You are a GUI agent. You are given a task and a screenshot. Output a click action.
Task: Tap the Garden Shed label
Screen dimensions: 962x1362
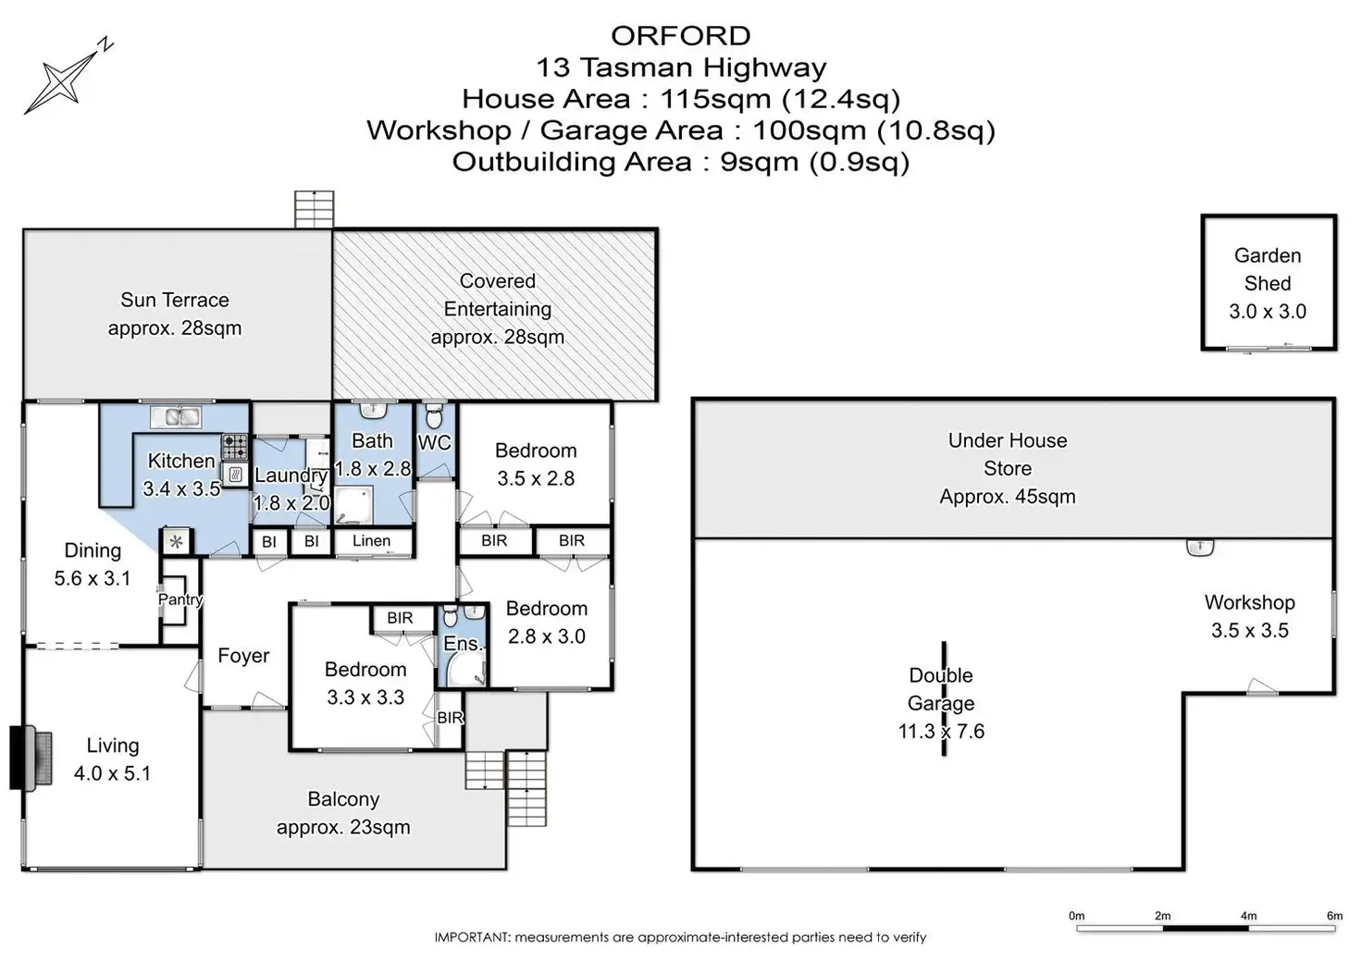[1267, 269]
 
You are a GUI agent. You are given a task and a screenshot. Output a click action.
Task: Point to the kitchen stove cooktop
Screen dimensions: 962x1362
[236, 447]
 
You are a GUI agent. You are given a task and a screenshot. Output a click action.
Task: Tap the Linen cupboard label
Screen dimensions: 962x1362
[371, 541]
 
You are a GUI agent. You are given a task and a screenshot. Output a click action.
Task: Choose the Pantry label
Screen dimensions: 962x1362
[180, 598]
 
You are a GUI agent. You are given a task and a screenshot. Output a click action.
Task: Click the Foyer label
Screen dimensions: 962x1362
[243, 656]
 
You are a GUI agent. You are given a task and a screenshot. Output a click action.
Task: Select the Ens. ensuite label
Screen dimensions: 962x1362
[462, 644]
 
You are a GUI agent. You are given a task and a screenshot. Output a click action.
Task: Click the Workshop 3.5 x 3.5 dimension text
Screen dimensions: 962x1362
[1249, 631]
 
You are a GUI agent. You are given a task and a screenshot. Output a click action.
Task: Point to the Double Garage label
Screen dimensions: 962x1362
[941, 689]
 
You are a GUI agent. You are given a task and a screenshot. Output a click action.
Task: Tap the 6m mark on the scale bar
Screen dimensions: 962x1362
[1334, 916]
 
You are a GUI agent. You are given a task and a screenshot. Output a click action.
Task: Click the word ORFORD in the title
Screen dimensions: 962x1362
[680, 36]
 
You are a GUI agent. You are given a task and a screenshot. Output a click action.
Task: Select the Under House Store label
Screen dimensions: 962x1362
[1007, 454]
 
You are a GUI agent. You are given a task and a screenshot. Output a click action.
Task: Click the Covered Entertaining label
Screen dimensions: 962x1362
[497, 295]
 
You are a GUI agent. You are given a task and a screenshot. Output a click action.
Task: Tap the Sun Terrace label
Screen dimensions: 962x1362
[174, 300]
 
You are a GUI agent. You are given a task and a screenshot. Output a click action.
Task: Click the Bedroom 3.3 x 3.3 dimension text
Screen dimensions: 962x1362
[365, 697]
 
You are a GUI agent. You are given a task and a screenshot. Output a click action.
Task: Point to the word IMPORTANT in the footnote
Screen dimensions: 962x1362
[471, 937]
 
